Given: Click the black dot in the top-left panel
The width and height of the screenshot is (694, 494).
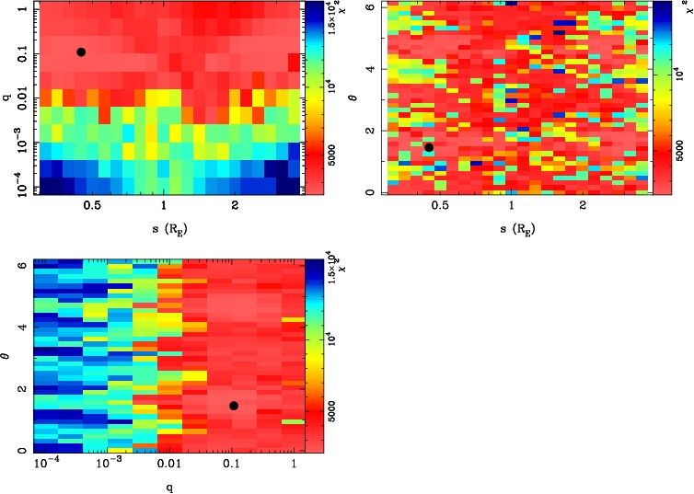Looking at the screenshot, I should click(81, 52).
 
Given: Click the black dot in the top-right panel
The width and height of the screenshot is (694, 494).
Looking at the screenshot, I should click(429, 147).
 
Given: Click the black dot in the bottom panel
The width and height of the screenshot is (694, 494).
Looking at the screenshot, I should click(234, 406).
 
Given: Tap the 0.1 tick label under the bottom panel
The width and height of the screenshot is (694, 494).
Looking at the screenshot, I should click(234, 465).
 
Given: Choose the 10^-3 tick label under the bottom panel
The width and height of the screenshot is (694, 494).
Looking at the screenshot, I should click(108, 465).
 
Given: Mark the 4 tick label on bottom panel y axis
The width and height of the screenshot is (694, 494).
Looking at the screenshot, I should click(22, 327).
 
